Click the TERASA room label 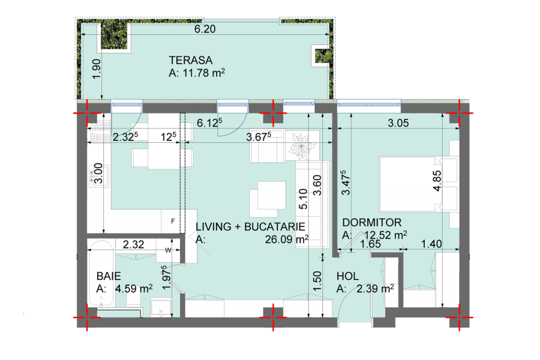coord(190,60)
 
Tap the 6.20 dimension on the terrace coord(205,29)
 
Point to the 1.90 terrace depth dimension coord(97,68)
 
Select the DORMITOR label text coord(372,223)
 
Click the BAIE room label coord(109,276)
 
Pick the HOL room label coord(347,276)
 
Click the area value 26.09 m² coord(287,239)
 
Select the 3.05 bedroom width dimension coord(398,123)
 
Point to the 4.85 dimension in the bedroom coord(437,181)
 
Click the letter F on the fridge coord(173,221)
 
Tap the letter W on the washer coord(168,250)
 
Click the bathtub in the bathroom coord(101,273)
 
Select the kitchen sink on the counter coord(99,176)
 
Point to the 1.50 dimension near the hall coord(317,281)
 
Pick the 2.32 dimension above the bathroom coord(133,245)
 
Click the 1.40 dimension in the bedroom coord(431,244)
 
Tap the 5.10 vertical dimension coord(303,199)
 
